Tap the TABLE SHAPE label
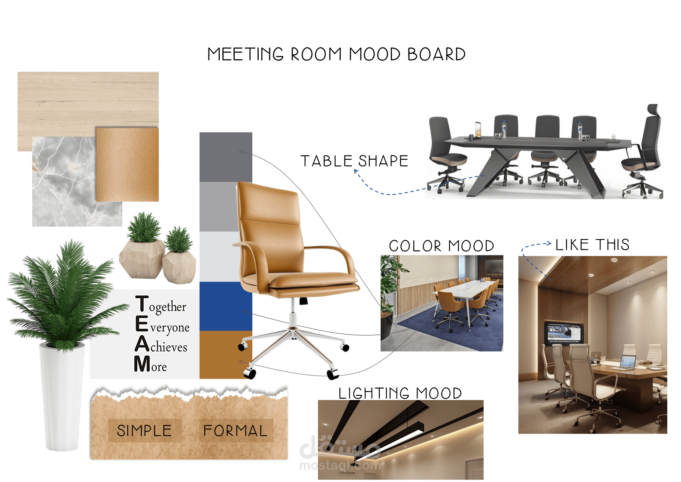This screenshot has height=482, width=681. pos(354,161)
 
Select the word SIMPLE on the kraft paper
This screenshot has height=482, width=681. pos(144,430)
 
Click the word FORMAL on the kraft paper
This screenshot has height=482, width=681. pos(235,430)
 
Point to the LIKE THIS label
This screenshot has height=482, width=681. pos(592,245)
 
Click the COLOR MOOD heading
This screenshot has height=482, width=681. pos(441,246)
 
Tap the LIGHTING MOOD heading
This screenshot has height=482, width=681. pos(400,393)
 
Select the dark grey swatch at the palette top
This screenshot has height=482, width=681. pos(226,157)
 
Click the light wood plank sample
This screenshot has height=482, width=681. pos(86,99)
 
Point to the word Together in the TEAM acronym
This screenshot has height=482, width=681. pos(167,307)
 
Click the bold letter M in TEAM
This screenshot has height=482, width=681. pos(142,364)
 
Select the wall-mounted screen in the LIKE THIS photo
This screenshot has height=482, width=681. pos(564,332)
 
